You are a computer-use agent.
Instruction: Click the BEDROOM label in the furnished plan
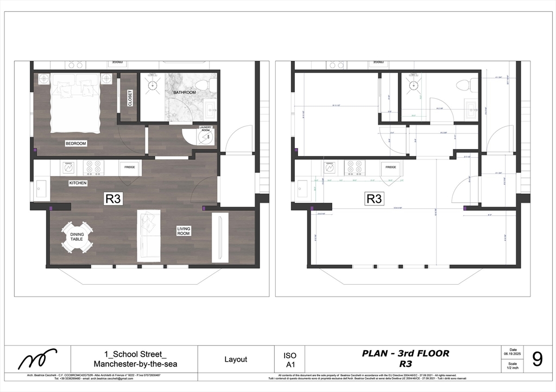pos(75,144)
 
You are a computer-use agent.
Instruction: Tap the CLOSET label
pos(130,98)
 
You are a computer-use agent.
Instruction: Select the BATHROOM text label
pos(185,93)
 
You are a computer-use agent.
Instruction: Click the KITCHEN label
pos(78,183)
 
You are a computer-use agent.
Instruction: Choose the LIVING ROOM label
pos(184,232)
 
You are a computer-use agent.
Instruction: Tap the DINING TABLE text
pos(77,237)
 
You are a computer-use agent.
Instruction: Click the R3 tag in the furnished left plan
pos(112,198)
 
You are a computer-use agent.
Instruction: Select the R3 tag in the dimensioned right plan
pos(374,198)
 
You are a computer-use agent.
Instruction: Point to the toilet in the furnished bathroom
pos(203,85)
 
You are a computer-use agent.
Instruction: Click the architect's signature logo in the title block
pos(37,358)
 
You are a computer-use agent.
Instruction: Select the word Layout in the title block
pos(236,359)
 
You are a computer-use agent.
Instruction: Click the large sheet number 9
pos(537,359)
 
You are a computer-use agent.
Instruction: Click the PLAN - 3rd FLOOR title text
pos(405,354)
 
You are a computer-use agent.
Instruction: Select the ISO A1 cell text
pos(290,359)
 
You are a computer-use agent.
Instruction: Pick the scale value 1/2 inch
pos(513,367)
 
